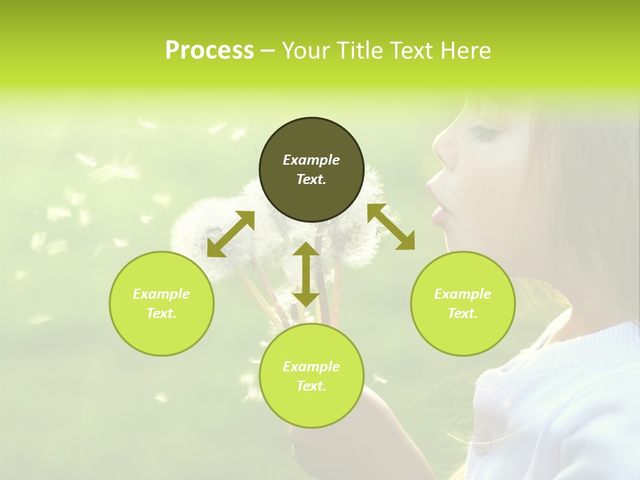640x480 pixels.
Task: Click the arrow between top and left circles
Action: tap(231, 234)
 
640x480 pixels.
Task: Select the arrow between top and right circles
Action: tap(391, 227)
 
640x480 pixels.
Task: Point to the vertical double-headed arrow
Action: tap(306, 274)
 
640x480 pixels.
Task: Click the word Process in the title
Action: tap(209, 51)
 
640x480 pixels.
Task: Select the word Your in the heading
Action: tap(307, 51)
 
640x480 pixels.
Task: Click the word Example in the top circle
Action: tap(311, 160)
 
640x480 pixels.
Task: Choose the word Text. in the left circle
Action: tap(161, 313)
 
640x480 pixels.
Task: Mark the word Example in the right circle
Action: tap(463, 294)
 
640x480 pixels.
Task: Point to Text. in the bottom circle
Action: tap(311, 386)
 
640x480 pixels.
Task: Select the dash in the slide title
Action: tap(268, 51)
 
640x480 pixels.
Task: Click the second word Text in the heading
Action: tap(413, 51)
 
